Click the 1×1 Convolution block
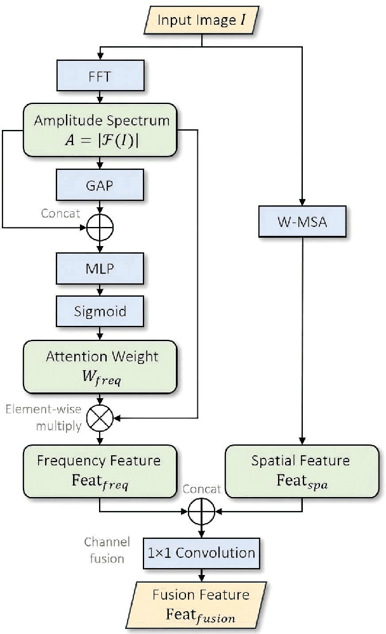click(x=201, y=553)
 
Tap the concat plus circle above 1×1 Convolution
click(x=201, y=510)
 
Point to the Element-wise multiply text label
click(x=43, y=417)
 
